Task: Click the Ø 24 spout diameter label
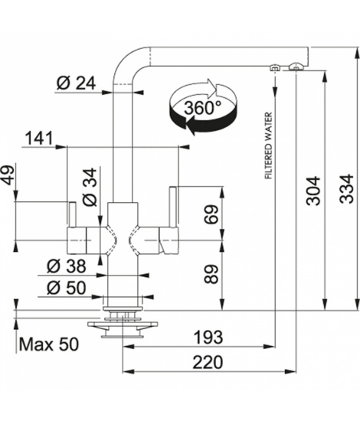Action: click(76, 83)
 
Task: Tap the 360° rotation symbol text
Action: click(203, 108)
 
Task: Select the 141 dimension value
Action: click(39, 139)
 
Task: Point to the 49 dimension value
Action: click(8, 175)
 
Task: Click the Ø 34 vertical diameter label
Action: click(90, 187)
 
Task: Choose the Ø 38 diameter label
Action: click(67, 266)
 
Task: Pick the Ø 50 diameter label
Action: click(67, 288)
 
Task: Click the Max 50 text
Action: click(49, 344)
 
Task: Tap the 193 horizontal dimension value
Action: click(208, 337)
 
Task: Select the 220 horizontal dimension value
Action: click(208, 362)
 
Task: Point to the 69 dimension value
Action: click(211, 214)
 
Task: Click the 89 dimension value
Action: click(211, 274)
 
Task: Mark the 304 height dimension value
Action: click(313, 191)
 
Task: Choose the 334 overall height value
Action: click(346, 188)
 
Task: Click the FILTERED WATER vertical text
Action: click(269, 145)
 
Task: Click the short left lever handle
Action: click(72, 215)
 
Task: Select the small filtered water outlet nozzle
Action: click(274, 67)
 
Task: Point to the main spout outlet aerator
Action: click(296, 67)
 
